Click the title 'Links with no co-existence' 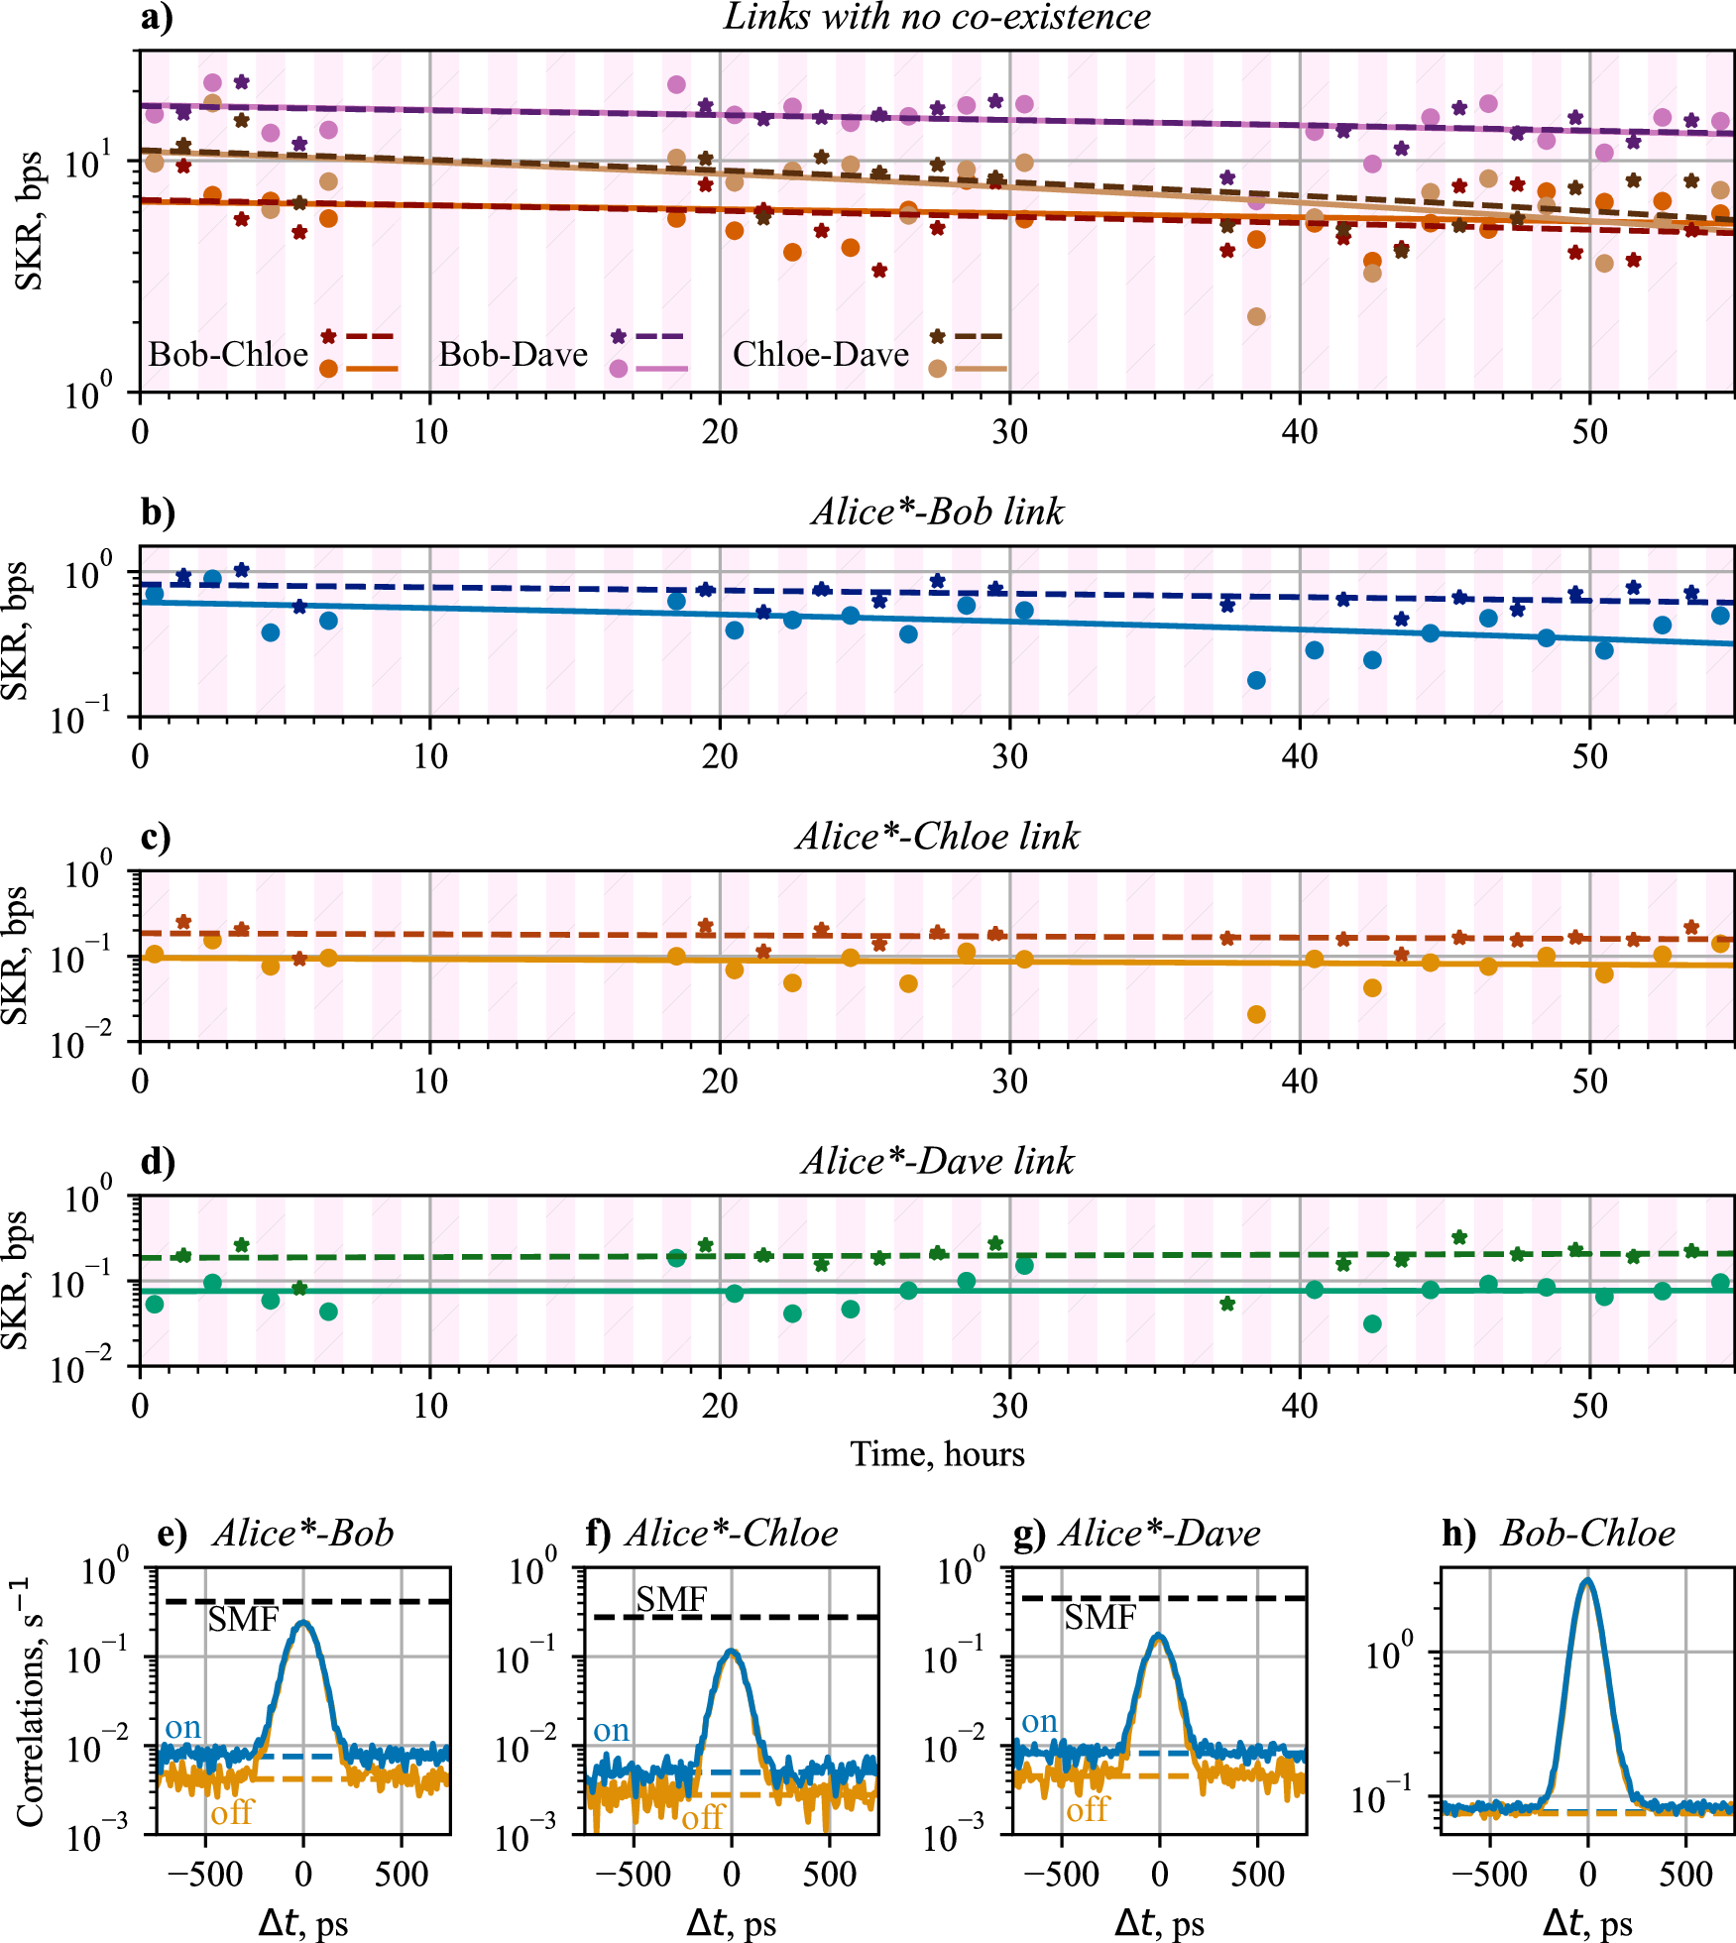(x=937, y=17)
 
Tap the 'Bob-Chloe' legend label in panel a (x=228, y=354)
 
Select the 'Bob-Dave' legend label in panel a (x=514, y=354)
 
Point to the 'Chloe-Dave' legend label (x=820, y=354)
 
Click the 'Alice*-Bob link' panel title (x=937, y=512)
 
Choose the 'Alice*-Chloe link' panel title (x=937, y=837)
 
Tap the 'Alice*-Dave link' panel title (x=937, y=1161)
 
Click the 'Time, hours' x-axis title (x=937, y=1453)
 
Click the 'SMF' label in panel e (x=243, y=1620)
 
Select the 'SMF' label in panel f (x=671, y=1599)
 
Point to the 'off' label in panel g (x=1087, y=1809)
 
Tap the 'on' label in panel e (x=183, y=1727)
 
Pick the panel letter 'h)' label (x=1458, y=1534)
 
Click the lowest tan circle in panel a (x=1256, y=317)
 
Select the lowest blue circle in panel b (x=1256, y=680)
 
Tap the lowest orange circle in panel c (x=1256, y=1014)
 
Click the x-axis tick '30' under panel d (x=1009, y=1405)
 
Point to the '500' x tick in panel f (x=830, y=1874)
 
